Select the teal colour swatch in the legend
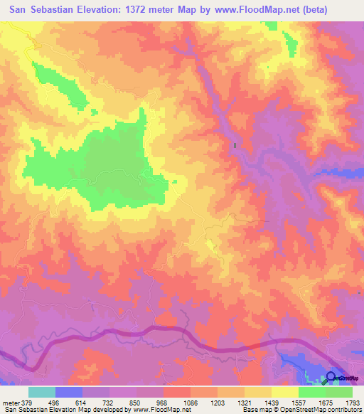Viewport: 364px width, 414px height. pos(42,392)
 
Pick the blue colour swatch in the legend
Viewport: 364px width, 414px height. pos(69,392)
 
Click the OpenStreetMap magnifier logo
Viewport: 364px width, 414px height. pos(332,377)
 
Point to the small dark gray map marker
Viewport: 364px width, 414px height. pos(234,146)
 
